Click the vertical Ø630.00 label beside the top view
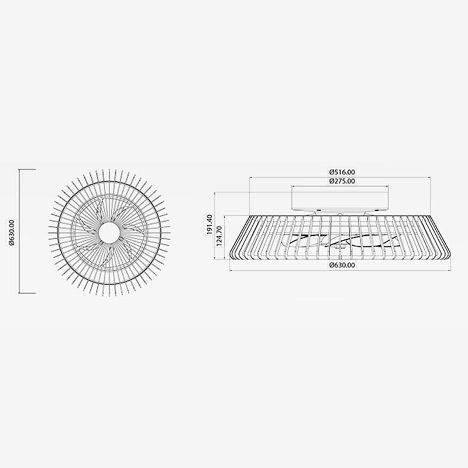pos(12,232)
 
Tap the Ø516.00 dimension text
pos(342,172)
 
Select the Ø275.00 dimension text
pos(342,181)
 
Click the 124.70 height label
pos(220,236)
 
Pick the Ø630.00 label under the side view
pos(342,265)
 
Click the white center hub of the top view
pos(109,233)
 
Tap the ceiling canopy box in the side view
pos(341,199)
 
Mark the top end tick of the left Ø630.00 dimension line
pos(19,170)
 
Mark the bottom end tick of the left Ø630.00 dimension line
pos(19,293)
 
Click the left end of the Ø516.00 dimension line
pos(250,177)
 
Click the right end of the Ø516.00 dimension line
pos(431,177)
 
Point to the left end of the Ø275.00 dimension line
pos(292,186)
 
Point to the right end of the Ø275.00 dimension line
pos(390,186)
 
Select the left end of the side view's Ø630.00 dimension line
pos(229,270)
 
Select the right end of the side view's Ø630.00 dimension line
pos(450,270)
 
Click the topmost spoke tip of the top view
pos(109,170)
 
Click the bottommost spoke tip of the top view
pos(109,295)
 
